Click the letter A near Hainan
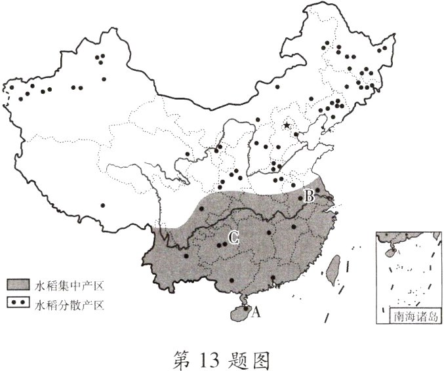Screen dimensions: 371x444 click(256, 313)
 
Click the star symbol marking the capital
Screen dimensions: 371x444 click(287, 125)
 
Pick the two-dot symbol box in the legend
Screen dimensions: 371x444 click(18, 303)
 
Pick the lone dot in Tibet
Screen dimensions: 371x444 click(102, 205)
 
